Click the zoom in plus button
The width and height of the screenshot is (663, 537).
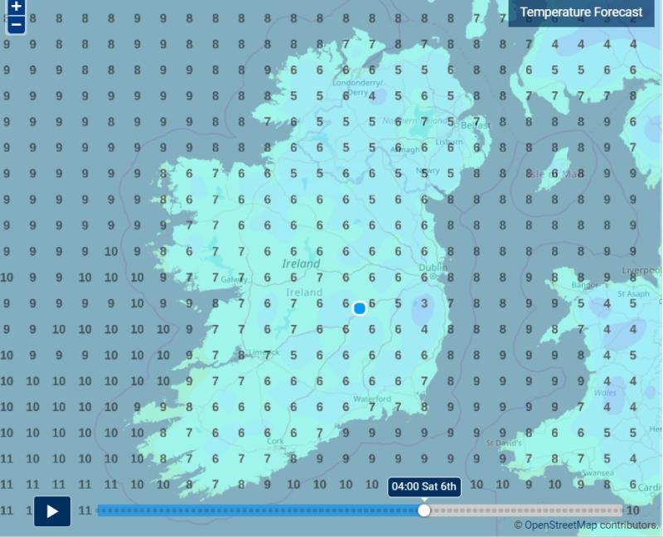(16, 7)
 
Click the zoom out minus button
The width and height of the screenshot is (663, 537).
(16, 24)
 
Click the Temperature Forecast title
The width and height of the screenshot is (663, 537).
(581, 12)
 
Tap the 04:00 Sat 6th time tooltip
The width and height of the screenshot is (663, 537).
(424, 486)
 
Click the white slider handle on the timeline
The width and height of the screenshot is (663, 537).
(424, 510)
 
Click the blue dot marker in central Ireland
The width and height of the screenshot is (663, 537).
(360, 308)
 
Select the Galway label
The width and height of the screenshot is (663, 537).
(235, 279)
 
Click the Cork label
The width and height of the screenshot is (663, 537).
(276, 441)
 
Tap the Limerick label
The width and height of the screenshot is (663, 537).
(259, 352)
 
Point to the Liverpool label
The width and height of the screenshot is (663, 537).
(644, 269)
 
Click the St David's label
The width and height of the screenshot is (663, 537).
(503, 442)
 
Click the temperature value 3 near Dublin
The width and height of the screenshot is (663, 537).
(423, 303)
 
